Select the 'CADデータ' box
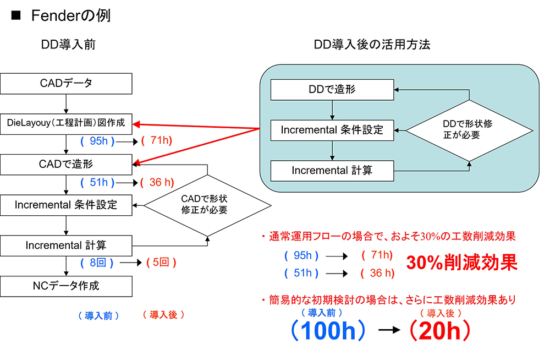click(x=66, y=84)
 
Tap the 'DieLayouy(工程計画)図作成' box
click(x=66, y=124)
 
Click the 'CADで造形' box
click(x=66, y=164)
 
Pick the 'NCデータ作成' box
click(x=66, y=286)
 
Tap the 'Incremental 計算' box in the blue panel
click(x=332, y=171)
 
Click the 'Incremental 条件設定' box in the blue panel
click(x=332, y=130)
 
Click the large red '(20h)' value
click(x=439, y=330)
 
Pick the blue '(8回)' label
click(x=97, y=263)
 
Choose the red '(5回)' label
click(x=161, y=263)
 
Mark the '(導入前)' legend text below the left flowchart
click(x=98, y=315)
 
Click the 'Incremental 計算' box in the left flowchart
click(x=66, y=245)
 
